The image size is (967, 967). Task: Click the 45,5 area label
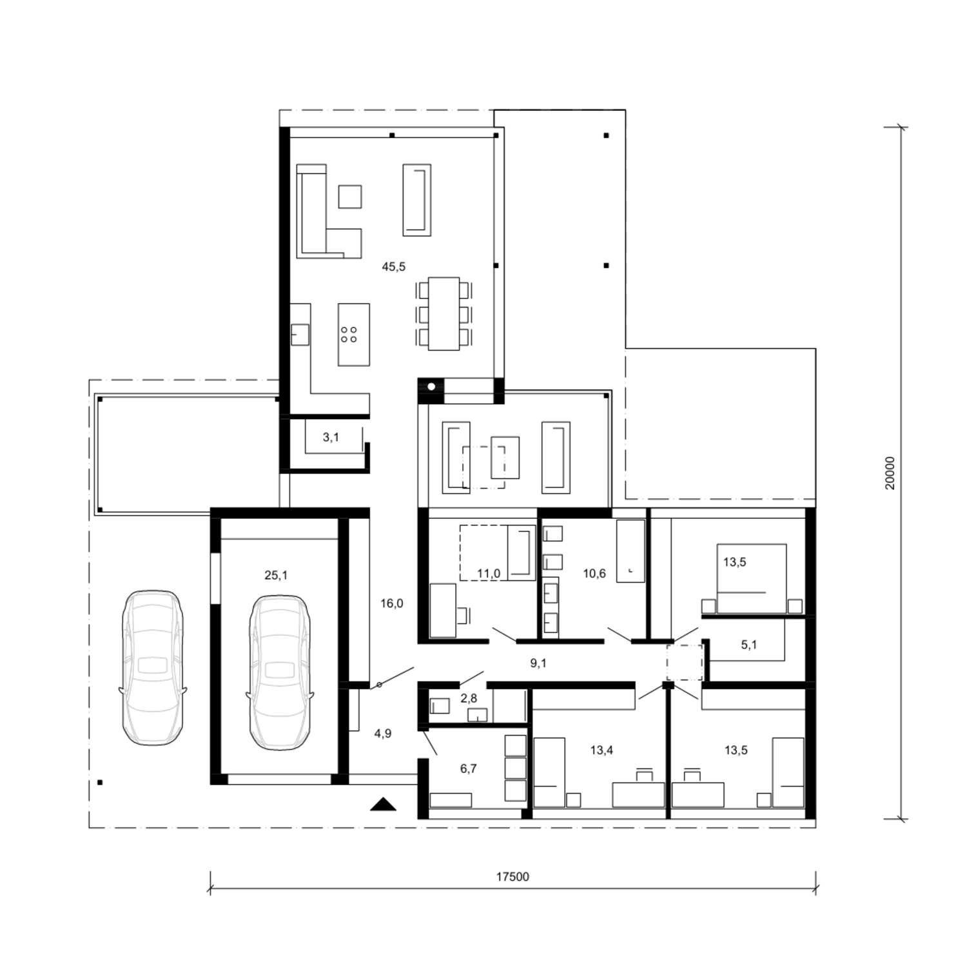click(x=393, y=266)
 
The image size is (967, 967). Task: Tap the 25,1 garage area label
click(x=276, y=575)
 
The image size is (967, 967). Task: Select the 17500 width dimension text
click(x=513, y=877)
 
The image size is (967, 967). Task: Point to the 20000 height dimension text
click(x=890, y=473)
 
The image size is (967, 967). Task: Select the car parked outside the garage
click(x=153, y=667)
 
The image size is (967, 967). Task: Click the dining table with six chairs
click(x=444, y=314)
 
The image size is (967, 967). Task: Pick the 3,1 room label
click(x=331, y=437)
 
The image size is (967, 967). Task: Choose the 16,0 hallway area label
click(x=391, y=603)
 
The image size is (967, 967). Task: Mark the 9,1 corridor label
click(x=538, y=663)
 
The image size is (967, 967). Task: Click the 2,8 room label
click(x=469, y=698)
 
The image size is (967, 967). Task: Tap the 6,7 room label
click(x=468, y=768)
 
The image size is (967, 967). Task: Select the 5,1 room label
click(x=748, y=645)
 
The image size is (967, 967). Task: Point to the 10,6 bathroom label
click(x=594, y=574)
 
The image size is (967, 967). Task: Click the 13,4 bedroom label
click(x=601, y=750)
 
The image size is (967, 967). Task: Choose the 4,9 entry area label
click(x=383, y=734)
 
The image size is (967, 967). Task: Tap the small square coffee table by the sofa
click(x=350, y=197)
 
